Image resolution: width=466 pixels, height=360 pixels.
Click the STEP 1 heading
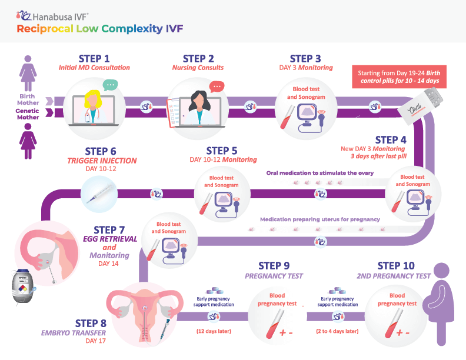94,58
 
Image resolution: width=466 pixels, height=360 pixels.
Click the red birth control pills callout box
399,76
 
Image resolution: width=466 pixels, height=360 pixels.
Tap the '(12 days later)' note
214,332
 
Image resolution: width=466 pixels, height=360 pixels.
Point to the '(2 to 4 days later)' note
338,332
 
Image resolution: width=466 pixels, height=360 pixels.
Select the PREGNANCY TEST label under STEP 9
274,276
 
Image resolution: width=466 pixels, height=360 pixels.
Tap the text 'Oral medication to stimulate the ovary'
319,173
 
